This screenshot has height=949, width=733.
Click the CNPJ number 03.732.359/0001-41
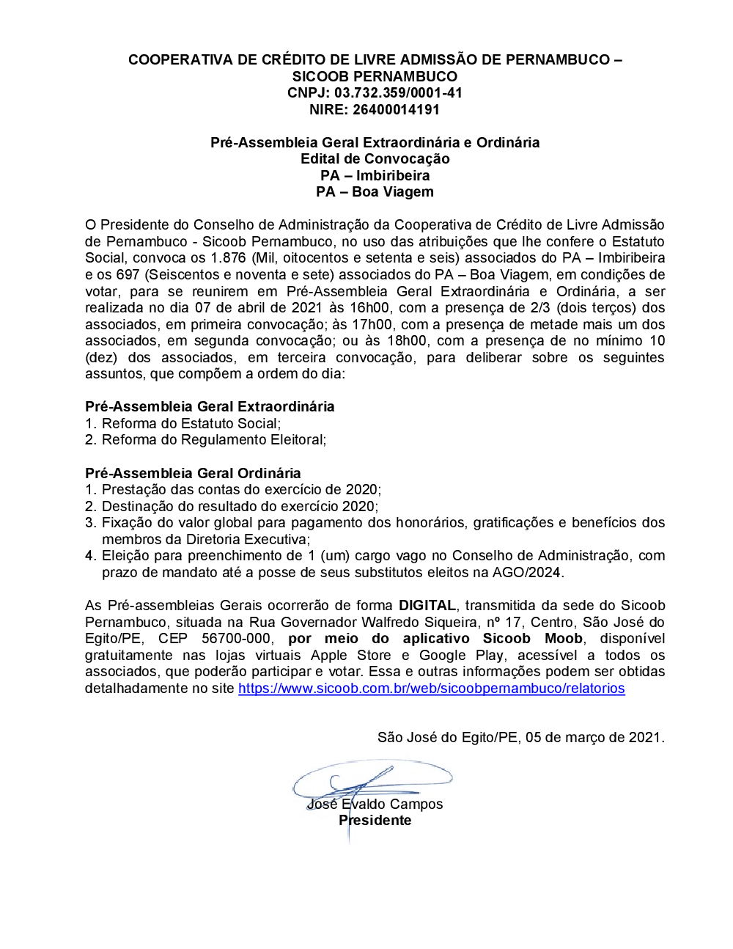[x=398, y=93]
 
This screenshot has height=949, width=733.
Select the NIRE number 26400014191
[x=396, y=110]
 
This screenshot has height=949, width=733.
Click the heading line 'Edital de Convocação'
[x=375, y=159]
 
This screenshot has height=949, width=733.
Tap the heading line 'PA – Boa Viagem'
[x=375, y=192]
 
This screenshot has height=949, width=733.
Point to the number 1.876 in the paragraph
[x=228, y=258]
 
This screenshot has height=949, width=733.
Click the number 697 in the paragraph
[x=128, y=275]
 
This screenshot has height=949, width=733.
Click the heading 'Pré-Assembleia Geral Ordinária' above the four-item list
[x=193, y=474]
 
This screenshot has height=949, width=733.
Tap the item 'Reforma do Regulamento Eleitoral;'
[x=213, y=440]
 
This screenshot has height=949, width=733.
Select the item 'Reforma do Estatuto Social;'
[x=191, y=424]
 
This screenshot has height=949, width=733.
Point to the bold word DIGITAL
[x=427, y=606]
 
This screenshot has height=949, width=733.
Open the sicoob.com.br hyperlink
[x=431, y=689]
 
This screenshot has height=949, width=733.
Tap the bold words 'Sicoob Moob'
[x=533, y=639]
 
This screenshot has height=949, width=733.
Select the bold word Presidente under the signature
[x=375, y=821]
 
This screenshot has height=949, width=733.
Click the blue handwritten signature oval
[x=372, y=779]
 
